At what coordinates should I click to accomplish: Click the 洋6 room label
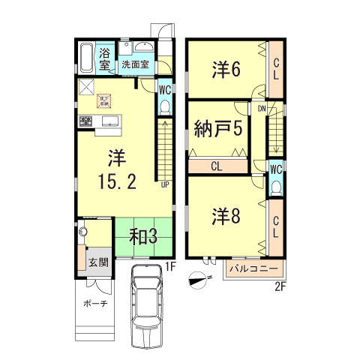(225, 70)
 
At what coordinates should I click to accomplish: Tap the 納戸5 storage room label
(218, 127)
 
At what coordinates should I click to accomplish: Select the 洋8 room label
(225, 216)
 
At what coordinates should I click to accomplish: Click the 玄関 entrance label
(97, 262)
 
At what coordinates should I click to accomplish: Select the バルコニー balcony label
(255, 268)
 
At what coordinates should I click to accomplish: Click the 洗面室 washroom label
(136, 65)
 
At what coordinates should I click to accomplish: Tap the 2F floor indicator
(280, 286)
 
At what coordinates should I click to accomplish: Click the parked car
(146, 307)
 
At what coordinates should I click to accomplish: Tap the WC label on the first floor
(164, 88)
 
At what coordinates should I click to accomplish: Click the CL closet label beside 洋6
(277, 69)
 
